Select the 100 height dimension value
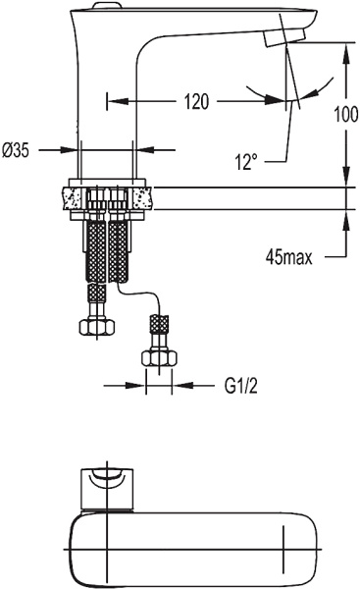click(x=345, y=113)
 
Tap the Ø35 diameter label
click(x=19, y=150)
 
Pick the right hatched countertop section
click(x=145, y=196)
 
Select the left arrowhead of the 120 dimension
click(x=113, y=101)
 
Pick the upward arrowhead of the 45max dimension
click(x=345, y=218)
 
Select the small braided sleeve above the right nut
click(x=157, y=324)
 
